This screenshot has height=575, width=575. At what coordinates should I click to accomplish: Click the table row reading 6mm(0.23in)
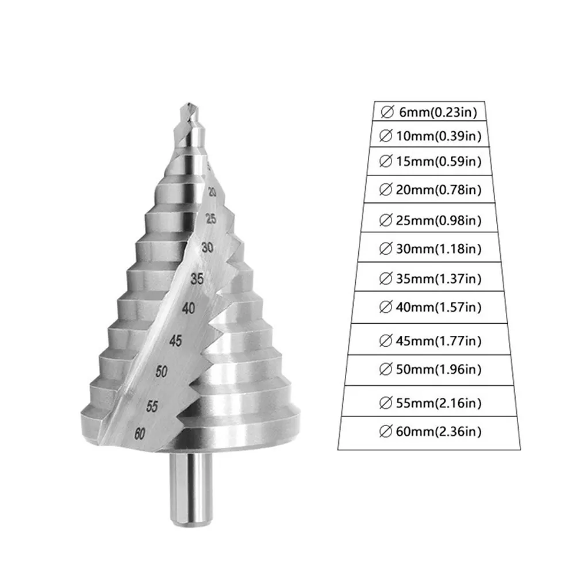pyautogui.click(x=428, y=112)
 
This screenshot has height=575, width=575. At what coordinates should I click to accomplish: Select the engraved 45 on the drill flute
pyautogui.click(x=175, y=341)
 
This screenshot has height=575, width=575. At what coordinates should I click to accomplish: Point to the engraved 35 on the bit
pyautogui.click(x=197, y=280)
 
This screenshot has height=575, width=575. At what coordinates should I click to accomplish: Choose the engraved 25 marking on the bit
pyautogui.click(x=211, y=218)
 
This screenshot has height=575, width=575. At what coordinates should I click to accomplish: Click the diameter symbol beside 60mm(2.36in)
pyautogui.click(x=386, y=431)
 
